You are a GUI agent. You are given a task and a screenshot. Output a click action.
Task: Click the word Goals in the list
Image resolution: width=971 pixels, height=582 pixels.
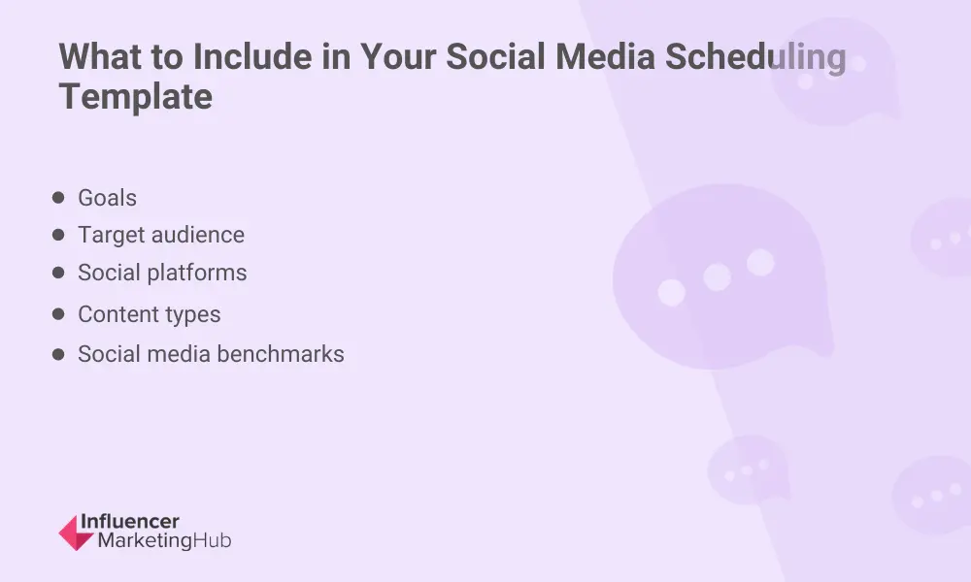point(107,198)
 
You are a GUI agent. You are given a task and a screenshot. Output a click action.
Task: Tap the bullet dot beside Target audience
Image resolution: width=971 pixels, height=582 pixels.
point(58,235)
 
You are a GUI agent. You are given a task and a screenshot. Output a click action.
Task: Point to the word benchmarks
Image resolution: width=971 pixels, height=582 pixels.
point(287,354)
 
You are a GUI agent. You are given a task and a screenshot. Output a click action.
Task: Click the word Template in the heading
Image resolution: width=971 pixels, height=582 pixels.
point(135,97)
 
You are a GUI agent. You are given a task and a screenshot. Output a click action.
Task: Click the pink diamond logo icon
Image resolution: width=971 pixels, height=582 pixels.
point(76,533)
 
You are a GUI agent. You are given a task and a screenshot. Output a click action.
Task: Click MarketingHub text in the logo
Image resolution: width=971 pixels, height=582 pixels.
point(164,541)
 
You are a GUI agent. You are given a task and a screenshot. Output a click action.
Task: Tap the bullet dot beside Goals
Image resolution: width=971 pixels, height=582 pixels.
point(58,198)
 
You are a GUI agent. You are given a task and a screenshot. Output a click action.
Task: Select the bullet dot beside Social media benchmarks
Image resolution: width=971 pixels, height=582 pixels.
point(58,354)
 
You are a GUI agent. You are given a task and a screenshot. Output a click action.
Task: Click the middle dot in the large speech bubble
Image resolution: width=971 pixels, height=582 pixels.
point(717,276)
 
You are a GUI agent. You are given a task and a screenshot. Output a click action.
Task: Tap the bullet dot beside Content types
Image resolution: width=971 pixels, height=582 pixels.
point(58,314)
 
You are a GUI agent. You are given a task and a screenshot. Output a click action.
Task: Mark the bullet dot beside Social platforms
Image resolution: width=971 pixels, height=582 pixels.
point(58,274)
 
